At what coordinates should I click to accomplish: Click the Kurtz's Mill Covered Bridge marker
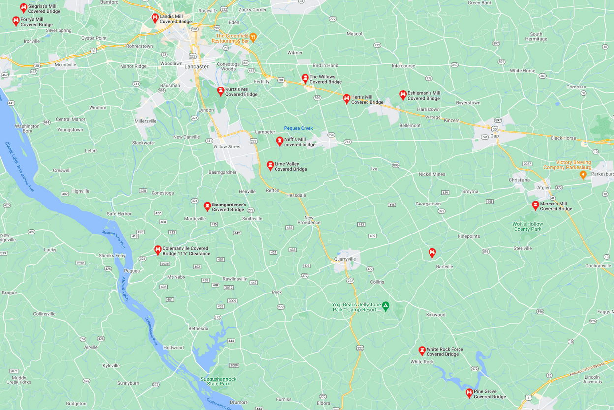click(221, 91)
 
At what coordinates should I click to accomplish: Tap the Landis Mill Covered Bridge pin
click(155, 18)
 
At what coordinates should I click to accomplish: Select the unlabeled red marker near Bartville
click(432, 253)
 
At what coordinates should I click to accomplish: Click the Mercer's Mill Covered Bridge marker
click(535, 205)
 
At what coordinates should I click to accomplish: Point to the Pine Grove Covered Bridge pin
click(469, 393)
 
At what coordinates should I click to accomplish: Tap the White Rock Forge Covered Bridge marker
click(422, 351)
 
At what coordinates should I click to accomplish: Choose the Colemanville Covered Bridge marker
click(158, 250)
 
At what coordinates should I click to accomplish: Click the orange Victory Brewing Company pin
click(583, 175)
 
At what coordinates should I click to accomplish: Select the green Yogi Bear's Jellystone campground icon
click(386, 306)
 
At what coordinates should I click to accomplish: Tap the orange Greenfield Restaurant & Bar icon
click(253, 37)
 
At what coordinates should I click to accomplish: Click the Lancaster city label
click(196, 67)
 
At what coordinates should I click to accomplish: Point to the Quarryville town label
click(344, 259)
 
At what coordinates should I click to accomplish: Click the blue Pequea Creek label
click(298, 128)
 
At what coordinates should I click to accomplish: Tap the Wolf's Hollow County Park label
click(527, 226)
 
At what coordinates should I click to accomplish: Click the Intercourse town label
click(403, 66)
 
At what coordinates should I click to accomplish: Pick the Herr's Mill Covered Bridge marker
click(346, 99)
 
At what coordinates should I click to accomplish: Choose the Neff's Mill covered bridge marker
click(279, 141)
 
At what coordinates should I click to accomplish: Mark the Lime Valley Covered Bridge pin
click(270, 165)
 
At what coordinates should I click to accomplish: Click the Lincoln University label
click(592, 379)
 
